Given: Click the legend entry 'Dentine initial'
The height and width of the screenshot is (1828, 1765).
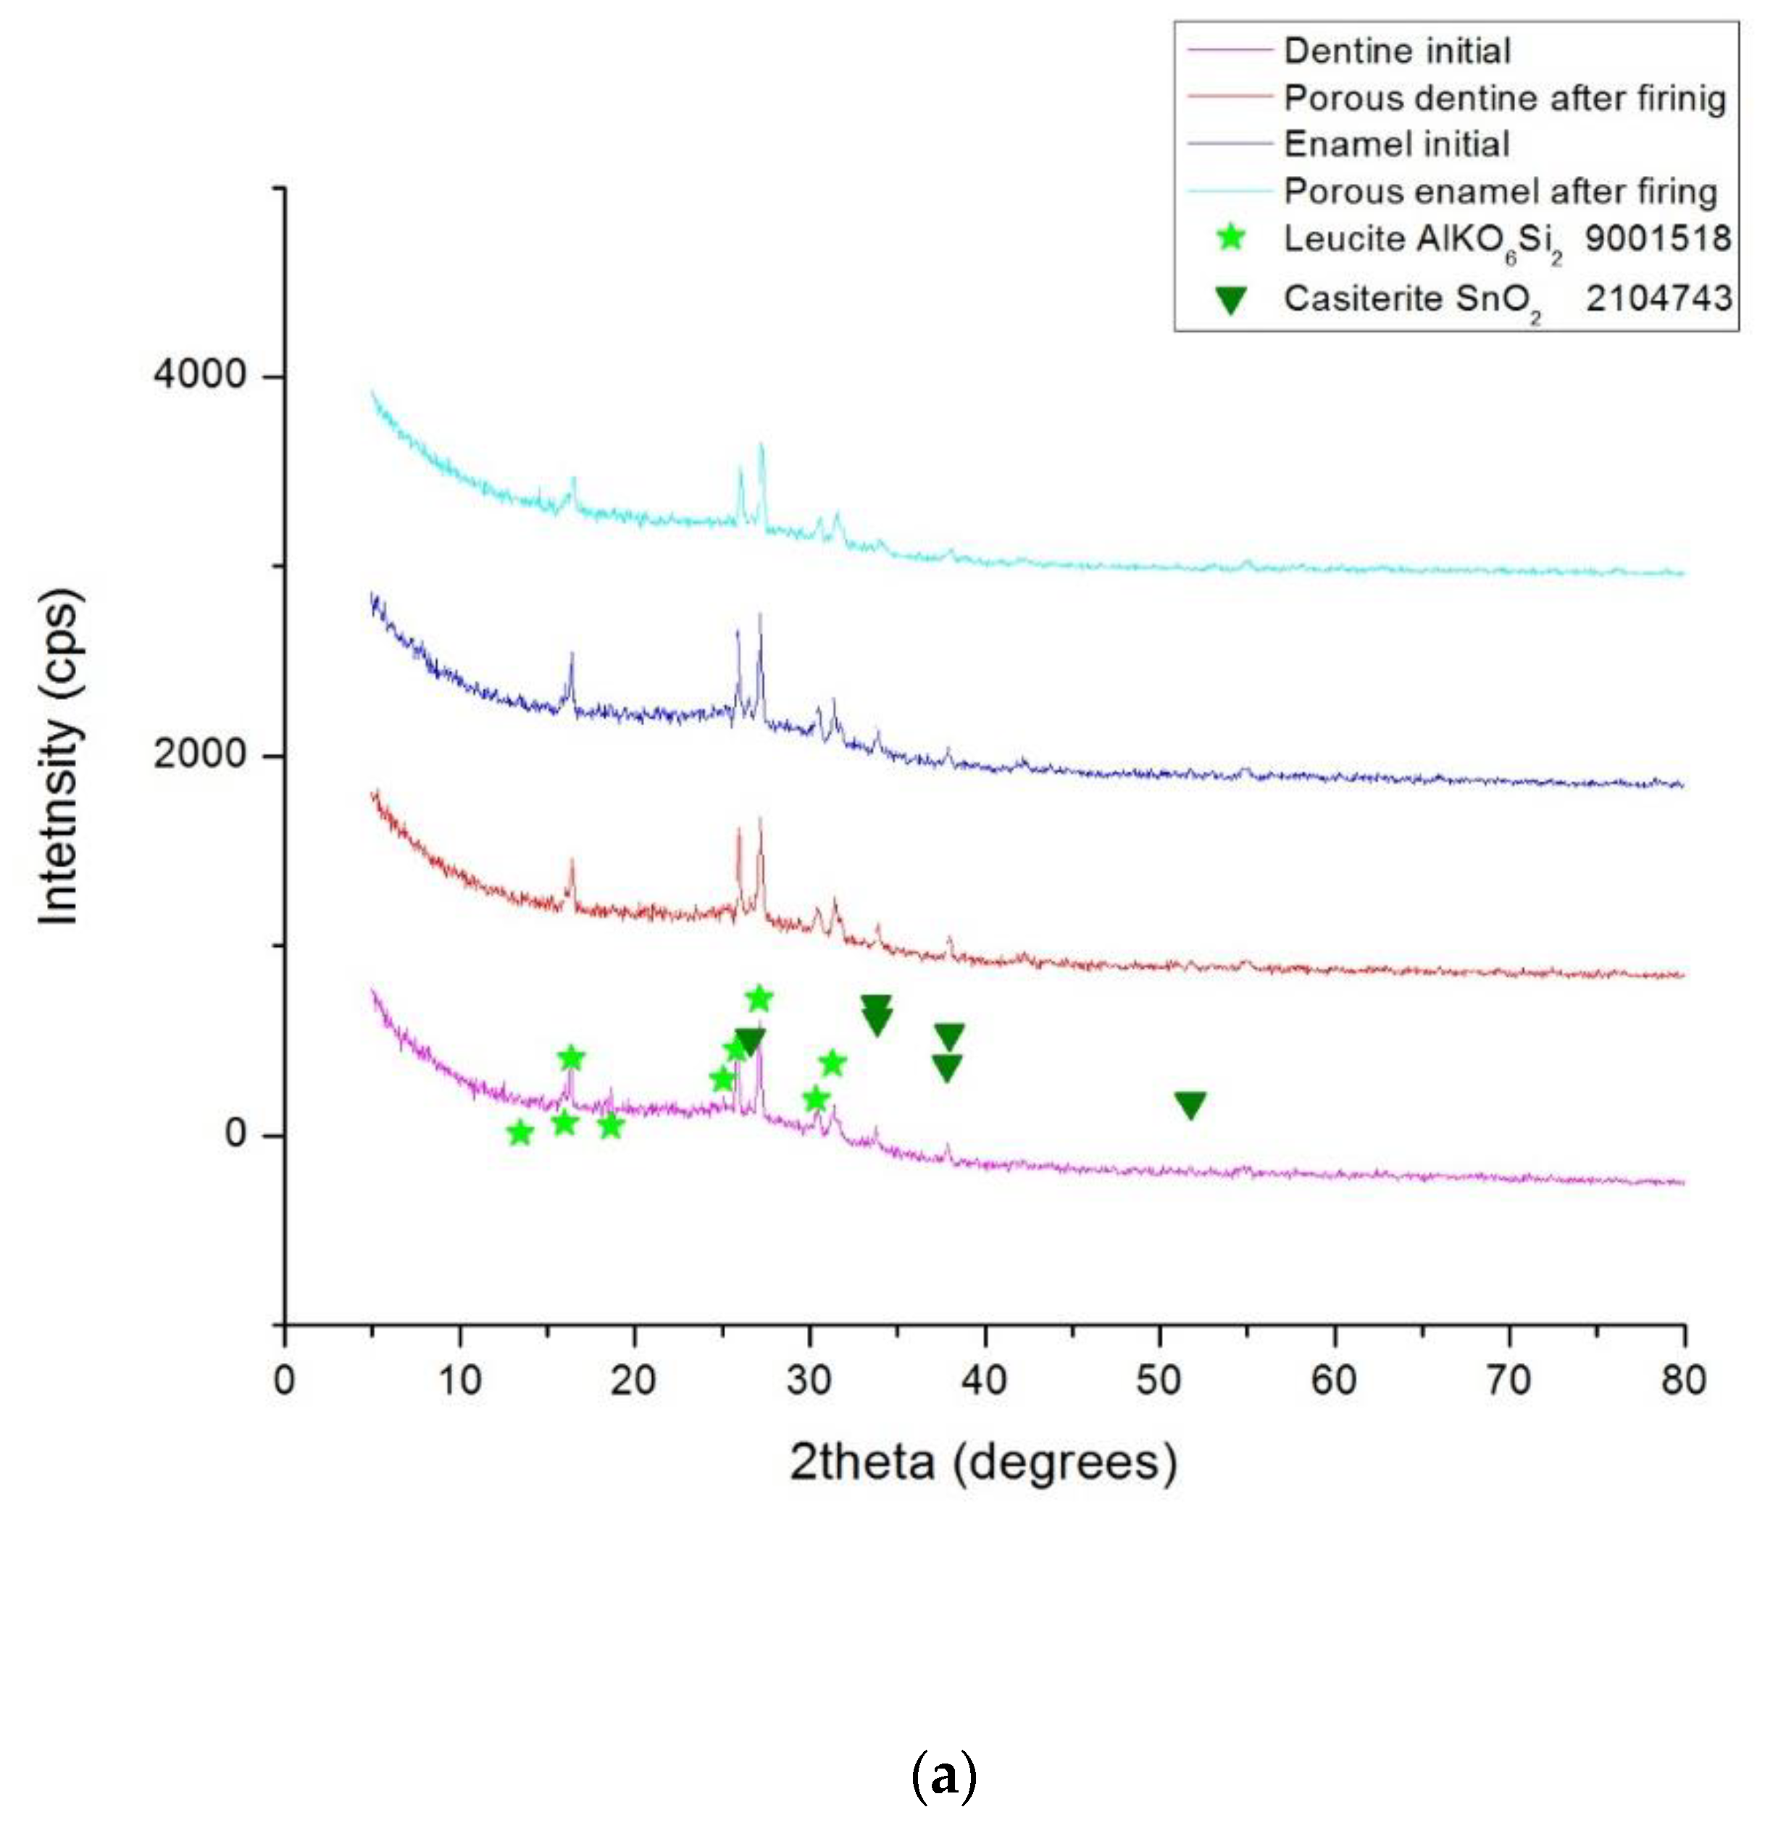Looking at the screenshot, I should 1396,51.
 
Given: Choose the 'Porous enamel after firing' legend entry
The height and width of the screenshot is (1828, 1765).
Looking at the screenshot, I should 1500,191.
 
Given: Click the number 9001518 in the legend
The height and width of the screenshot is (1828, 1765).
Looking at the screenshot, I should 1658,239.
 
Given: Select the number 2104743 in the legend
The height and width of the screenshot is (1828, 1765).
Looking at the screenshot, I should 1658,299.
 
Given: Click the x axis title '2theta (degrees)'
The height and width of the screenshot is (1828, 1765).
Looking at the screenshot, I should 983,1462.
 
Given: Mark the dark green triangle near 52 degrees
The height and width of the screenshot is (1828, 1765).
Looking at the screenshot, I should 1190,1105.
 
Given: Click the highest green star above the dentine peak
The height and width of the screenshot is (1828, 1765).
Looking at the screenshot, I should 759,999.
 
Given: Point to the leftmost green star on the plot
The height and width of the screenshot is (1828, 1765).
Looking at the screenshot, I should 520,1133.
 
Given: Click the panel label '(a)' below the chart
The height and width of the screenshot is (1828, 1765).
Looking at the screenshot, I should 944,1777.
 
